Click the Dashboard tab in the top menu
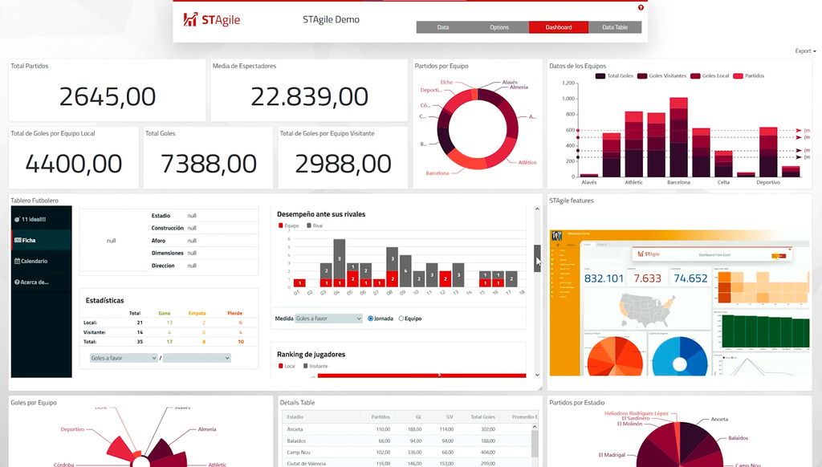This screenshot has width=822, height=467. pyautogui.click(x=559, y=27)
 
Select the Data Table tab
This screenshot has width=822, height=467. pyautogui.click(x=615, y=27)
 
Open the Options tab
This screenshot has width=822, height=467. pyautogui.click(x=499, y=27)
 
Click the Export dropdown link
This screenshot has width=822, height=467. pyautogui.click(x=804, y=51)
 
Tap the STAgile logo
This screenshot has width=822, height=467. pyautogui.click(x=212, y=20)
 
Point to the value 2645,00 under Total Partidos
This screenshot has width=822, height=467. pyautogui.click(x=107, y=97)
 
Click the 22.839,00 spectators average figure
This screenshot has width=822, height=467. pyautogui.click(x=309, y=97)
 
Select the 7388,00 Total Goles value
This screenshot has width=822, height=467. pyautogui.click(x=209, y=164)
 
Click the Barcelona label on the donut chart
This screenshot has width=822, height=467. pyautogui.click(x=437, y=173)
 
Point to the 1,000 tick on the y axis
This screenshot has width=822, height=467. pyautogui.click(x=569, y=99)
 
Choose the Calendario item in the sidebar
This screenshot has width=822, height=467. pyautogui.click(x=34, y=261)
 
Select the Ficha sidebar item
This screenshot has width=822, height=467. pyautogui.click(x=29, y=240)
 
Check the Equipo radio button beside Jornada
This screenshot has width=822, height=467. pyautogui.click(x=401, y=319)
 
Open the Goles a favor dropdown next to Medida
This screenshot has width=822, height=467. pyautogui.click(x=329, y=319)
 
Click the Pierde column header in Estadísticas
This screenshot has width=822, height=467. pyautogui.click(x=234, y=313)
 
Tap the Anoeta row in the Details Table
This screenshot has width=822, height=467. pyautogui.click(x=295, y=429)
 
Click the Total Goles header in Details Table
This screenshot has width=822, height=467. pyautogui.click(x=482, y=416)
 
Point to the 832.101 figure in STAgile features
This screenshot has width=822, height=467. pyautogui.click(x=604, y=278)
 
